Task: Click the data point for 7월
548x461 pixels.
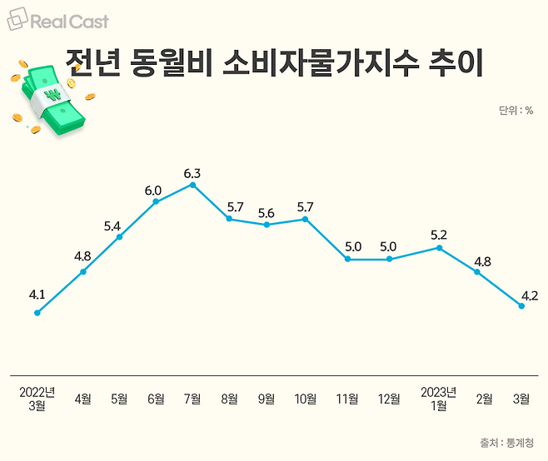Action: point(192,185)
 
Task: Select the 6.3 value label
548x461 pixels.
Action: point(192,173)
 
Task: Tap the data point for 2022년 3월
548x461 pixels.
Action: point(37,313)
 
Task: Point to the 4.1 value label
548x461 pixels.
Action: point(37,294)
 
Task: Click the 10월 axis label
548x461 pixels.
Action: point(306,399)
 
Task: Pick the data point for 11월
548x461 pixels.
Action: point(346,260)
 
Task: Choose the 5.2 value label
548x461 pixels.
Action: point(439,235)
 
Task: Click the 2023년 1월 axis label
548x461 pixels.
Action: point(439,399)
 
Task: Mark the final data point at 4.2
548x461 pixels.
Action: point(521,306)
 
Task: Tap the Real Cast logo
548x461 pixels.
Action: point(57,21)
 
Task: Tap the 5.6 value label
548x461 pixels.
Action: point(267,213)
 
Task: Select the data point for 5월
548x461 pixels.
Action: point(120,237)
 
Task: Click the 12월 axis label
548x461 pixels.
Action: point(389,399)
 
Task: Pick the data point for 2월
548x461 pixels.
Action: point(477,272)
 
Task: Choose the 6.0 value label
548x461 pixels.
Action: point(153,191)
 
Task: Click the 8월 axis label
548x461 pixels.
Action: point(229,399)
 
